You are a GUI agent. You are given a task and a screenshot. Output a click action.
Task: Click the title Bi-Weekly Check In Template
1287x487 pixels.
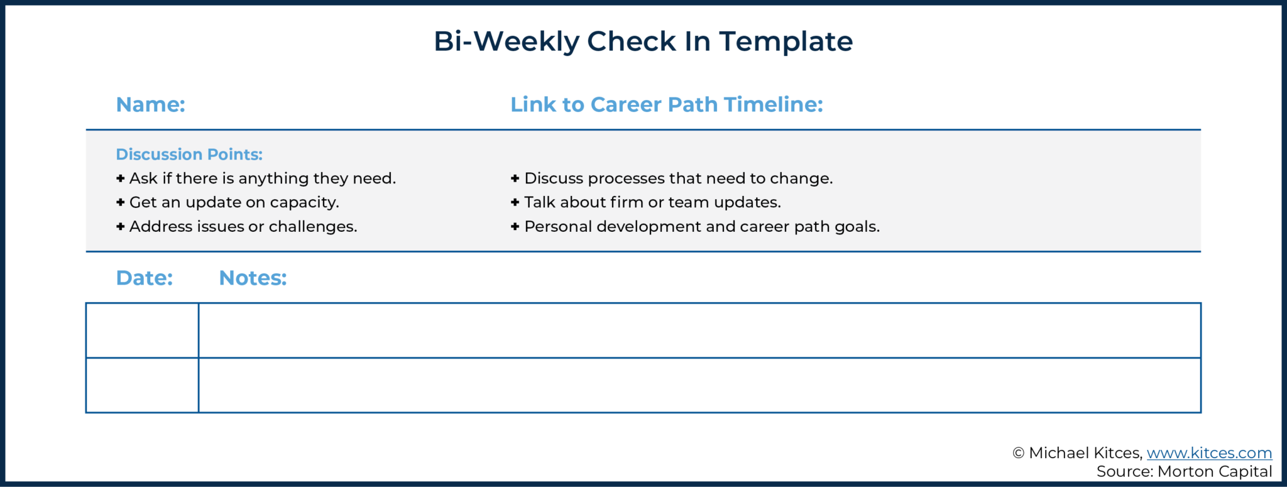(x=643, y=41)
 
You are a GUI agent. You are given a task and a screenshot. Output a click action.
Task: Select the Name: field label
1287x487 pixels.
(x=151, y=104)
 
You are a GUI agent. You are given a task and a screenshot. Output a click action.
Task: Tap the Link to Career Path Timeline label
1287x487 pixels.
(x=666, y=104)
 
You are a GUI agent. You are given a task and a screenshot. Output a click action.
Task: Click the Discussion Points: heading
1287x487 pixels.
(x=189, y=154)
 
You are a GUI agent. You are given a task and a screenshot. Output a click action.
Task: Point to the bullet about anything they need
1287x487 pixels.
(x=262, y=178)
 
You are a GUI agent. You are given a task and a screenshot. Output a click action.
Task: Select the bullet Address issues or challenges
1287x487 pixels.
(x=243, y=226)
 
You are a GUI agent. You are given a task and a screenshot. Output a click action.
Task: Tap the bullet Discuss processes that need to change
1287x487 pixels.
(x=678, y=178)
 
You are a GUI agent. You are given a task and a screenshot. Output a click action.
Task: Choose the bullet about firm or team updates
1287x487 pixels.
(x=652, y=202)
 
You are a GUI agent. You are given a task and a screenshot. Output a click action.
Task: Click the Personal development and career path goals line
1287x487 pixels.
(x=701, y=226)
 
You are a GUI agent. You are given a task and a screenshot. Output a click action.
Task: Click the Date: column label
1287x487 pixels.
(x=145, y=278)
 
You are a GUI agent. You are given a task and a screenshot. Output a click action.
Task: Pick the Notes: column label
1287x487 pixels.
(x=253, y=278)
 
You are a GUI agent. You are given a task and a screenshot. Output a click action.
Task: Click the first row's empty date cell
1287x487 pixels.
(x=143, y=331)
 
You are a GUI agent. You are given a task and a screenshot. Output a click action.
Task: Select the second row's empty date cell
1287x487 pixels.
(x=143, y=385)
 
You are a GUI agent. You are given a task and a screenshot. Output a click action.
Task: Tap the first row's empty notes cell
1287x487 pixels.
(x=699, y=331)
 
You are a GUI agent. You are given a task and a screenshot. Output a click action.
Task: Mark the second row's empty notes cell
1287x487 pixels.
(x=699, y=385)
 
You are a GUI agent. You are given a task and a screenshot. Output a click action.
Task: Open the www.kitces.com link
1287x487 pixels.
(x=1209, y=453)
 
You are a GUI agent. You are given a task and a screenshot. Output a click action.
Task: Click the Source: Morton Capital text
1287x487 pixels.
(x=1184, y=471)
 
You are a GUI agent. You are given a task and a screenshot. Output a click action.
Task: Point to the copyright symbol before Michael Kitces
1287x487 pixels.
(x=1019, y=453)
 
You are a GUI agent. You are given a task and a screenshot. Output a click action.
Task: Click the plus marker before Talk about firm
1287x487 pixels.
(x=515, y=202)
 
